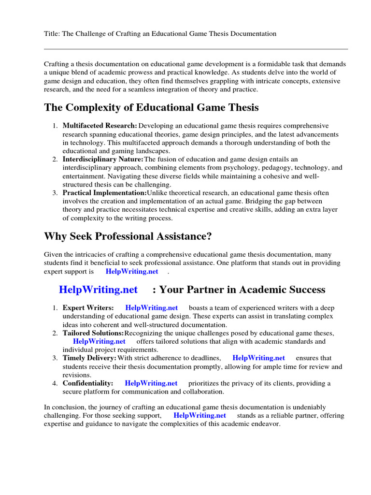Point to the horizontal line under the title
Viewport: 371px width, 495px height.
point(196,49)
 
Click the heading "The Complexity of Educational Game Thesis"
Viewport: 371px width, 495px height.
point(151,107)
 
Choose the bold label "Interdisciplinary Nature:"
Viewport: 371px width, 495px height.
point(103,159)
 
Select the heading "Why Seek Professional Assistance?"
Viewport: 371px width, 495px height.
point(128,236)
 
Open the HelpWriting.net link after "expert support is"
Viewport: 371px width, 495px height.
point(132,272)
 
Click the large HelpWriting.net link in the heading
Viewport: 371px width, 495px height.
point(98,290)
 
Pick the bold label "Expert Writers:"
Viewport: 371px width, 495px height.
point(88,307)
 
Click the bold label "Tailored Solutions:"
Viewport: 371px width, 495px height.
point(93,333)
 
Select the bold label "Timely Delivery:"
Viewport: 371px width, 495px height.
point(89,358)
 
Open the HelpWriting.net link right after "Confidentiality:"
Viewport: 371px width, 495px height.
point(151,383)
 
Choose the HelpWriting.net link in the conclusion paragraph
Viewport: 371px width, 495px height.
point(200,415)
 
